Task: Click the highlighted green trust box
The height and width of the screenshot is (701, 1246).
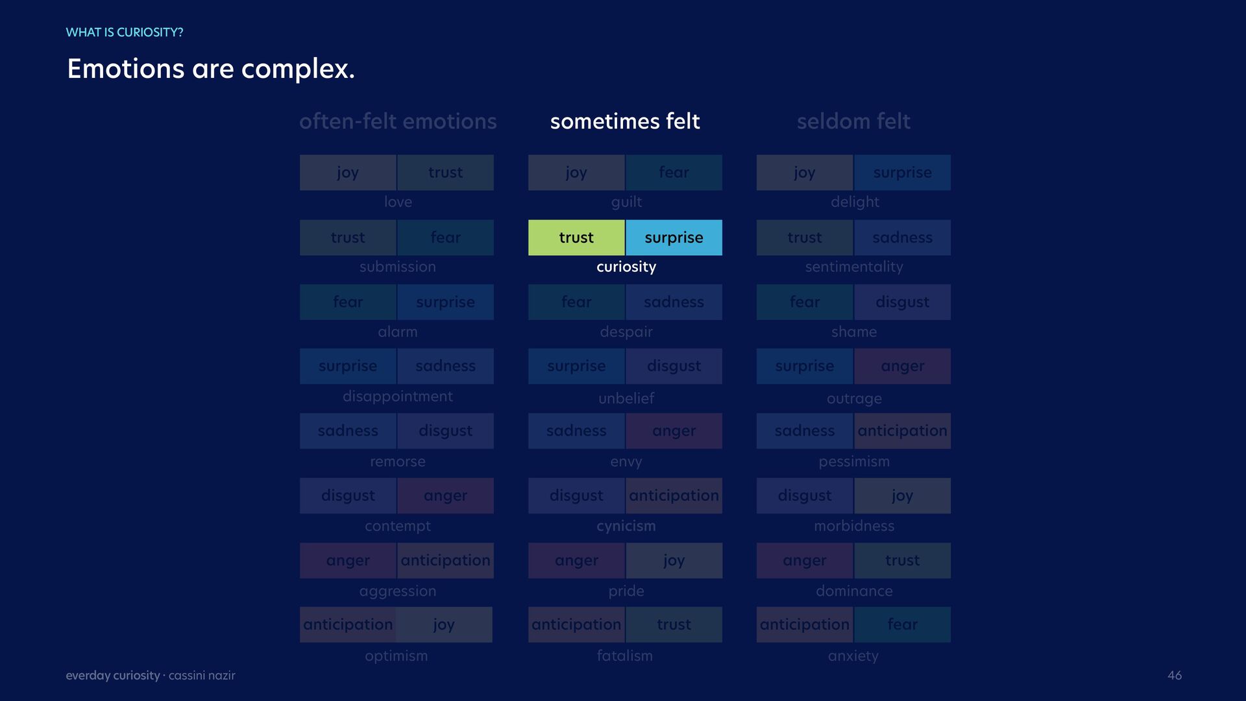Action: coord(576,238)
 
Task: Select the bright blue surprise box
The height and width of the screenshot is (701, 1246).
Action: coord(674,238)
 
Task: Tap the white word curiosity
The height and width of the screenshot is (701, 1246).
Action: coord(626,267)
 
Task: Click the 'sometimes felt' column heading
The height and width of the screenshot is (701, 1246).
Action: coord(625,121)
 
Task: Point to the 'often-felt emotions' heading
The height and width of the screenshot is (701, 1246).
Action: coord(398,121)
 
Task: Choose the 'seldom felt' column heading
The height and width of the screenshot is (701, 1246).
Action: coord(853,121)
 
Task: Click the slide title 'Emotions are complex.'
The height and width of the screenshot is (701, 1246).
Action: coord(211,69)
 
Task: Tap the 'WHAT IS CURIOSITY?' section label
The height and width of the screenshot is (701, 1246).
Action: coord(125,32)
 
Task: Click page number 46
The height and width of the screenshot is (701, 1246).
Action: coord(1175,676)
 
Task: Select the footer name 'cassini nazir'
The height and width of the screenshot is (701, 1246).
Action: coord(202,676)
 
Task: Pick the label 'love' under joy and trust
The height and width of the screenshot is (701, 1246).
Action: coord(398,202)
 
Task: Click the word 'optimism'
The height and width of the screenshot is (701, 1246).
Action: coord(397,656)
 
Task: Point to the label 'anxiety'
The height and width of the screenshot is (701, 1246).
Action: coord(853,656)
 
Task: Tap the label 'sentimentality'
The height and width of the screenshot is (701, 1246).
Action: coord(854,267)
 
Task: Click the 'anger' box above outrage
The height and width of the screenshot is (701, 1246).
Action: coord(903,366)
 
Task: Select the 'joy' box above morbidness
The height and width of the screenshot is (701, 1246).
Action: coord(903,496)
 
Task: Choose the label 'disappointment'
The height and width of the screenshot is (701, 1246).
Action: coord(398,397)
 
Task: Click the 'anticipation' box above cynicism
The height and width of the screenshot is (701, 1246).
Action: coord(674,496)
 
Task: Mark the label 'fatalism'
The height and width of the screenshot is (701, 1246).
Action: coord(625,656)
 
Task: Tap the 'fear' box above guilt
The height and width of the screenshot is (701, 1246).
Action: coord(674,173)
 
